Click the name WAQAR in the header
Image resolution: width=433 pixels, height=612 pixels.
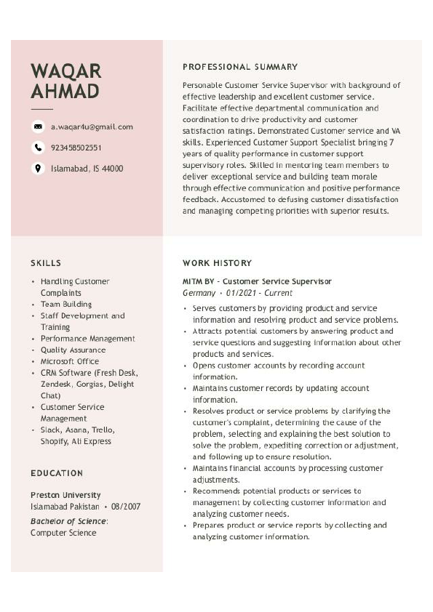tap(65, 71)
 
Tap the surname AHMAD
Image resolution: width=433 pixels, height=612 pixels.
tap(65, 92)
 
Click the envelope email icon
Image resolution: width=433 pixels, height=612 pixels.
tap(38, 126)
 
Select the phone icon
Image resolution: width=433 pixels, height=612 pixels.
tap(38, 148)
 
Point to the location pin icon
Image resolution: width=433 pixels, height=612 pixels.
tap(38, 169)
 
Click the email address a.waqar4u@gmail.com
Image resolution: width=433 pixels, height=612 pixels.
tap(92, 126)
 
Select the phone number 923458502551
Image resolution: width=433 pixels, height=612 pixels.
tap(76, 148)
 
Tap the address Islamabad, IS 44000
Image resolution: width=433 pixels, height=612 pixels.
tap(87, 169)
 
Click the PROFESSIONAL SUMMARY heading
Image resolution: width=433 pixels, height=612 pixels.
tap(240, 67)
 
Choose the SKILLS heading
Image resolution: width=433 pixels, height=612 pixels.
tap(46, 263)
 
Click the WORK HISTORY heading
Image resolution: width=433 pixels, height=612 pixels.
tap(217, 263)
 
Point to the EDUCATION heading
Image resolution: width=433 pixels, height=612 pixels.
tap(57, 473)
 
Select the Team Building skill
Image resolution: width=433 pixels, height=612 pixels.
tap(66, 305)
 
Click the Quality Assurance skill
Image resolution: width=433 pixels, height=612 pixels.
tap(74, 350)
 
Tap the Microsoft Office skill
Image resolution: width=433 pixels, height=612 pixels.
tap(70, 361)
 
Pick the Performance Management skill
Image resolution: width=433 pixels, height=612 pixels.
tap(88, 339)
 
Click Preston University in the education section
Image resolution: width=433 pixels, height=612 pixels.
tap(65, 495)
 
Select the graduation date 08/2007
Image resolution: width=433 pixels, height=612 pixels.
tap(126, 507)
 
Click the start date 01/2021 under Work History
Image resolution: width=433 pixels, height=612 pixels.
tap(242, 293)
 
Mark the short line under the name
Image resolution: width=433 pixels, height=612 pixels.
tap(41, 108)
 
